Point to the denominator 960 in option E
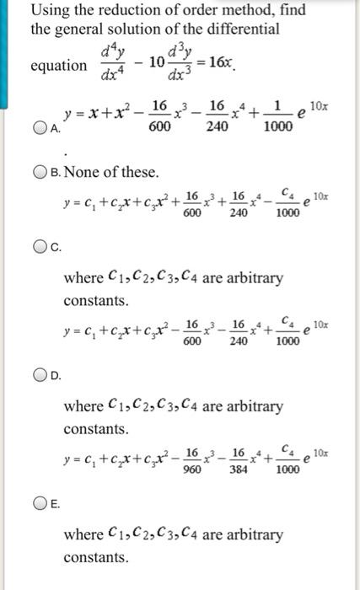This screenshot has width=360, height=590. pos(191,470)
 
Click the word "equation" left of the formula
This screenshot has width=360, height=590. pos(58,66)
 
